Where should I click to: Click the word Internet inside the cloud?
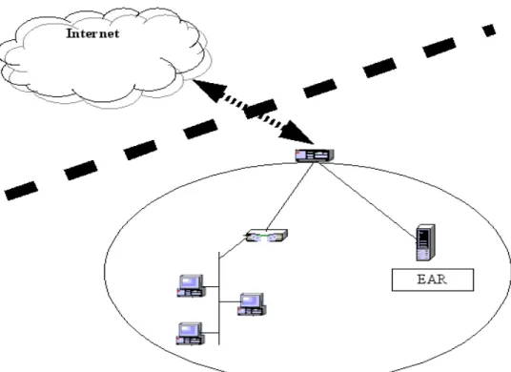(x=92, y=33)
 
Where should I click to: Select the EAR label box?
(x=433, y=279)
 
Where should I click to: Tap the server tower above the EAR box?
(x=425, y=242)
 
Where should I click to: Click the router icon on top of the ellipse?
(x=315, y=155)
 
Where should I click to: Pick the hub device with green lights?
(x=267, y=236)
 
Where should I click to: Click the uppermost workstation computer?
(x=192, y=286)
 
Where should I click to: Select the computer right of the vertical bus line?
(x=252, y=304)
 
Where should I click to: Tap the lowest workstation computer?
(x=191, y=334)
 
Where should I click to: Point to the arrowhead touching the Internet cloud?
(x=209, y=89)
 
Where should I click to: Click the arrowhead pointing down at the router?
(x=296, y=133)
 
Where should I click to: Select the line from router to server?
(x=368, y=200)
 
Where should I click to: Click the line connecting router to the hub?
(x=290, y=196)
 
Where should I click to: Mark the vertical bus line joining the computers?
(x=219, y=298)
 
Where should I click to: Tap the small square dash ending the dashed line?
(x=489, y=31)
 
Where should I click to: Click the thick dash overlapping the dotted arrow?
(x=260, y=109)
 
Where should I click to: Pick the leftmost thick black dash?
(x=21, y=191)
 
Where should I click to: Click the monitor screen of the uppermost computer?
(x=192, y=281)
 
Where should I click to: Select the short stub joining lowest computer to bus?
(x=212, y=333)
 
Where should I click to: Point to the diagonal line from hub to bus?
(x=233, y=248)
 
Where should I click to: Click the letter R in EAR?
(x=439, y=279)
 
